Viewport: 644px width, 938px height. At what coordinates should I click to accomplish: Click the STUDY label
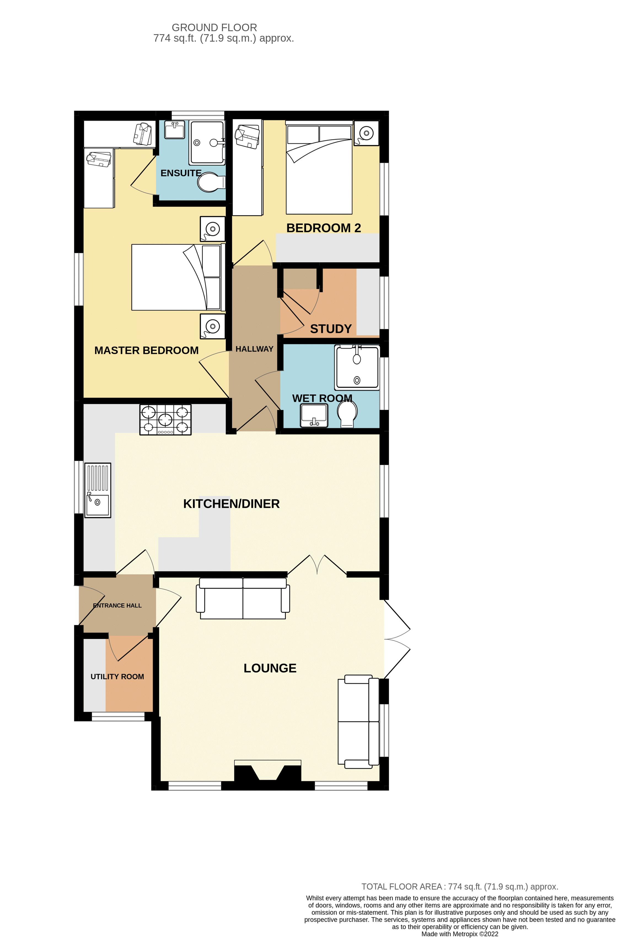[331, 329]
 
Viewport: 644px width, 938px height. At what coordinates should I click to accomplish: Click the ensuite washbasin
[175, 130]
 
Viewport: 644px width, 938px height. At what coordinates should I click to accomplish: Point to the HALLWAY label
[254, 349]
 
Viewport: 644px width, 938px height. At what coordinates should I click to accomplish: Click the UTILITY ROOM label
[117, 677]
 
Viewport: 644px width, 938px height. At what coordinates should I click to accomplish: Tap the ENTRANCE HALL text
[117, 605]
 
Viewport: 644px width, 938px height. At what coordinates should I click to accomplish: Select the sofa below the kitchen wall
[243, 598]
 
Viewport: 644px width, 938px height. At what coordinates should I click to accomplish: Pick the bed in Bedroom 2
[319, 169]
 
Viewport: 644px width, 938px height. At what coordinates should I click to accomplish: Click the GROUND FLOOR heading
[214, 28]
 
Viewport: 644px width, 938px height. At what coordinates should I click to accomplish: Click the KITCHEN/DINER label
[231, 504]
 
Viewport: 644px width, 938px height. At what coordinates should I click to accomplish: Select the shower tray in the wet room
[357, 368]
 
